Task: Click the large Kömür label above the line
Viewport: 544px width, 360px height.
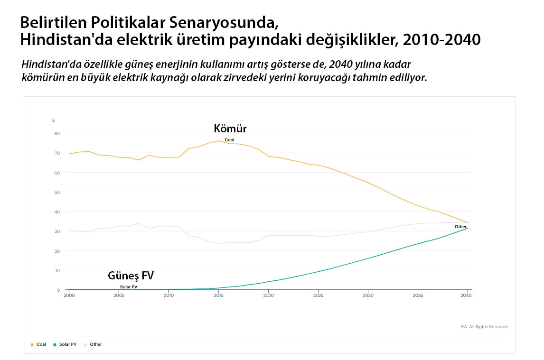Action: coord(230,129)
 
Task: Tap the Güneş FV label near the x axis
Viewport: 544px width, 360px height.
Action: coord(131,276)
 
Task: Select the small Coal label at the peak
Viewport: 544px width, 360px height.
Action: coord(229,140)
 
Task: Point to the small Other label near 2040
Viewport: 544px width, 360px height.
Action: coord(460,227)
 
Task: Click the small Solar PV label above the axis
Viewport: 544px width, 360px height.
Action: coord(129,287)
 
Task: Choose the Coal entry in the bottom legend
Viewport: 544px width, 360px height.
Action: coord(41,344)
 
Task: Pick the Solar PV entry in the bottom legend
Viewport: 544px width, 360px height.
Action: coord(67,344)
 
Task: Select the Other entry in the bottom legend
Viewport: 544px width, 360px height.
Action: coord(95,344)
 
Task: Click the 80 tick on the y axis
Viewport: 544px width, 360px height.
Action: coord(57,133)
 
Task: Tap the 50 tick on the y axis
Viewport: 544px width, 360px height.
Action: coord(57,192)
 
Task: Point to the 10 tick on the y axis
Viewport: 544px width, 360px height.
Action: coord(57,270)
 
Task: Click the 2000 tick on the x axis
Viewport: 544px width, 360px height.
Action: coord(69,295)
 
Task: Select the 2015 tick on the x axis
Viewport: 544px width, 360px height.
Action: coord(218,295)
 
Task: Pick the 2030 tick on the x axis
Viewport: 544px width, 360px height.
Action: coord(368,295)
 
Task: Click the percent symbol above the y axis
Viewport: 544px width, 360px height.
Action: coord(53,120)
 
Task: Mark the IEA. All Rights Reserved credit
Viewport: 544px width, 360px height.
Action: coord(484,327)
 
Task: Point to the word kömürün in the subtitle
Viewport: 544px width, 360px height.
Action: coord(40,77)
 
